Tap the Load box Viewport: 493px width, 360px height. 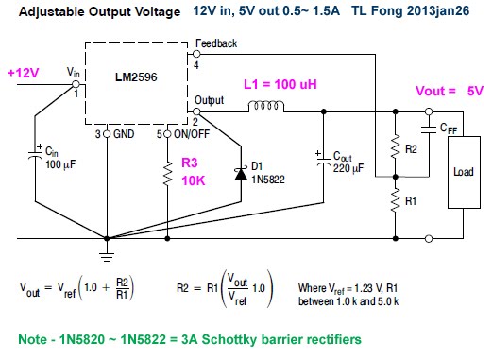(x=462, y=175)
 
